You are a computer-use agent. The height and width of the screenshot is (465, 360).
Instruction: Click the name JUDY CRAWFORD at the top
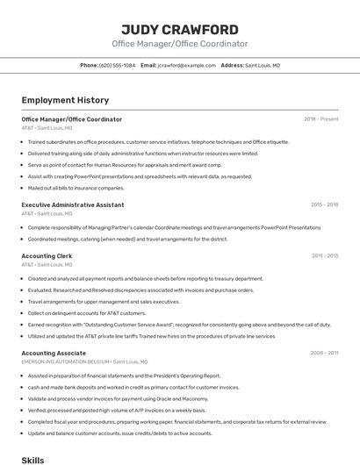pyautogui.click(x=179, y=29)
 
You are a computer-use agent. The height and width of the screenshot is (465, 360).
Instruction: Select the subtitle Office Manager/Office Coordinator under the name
pyautogui.click(x=179, y=44)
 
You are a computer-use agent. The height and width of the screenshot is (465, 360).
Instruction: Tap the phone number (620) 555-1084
pyautogui.click(x=117, y=66)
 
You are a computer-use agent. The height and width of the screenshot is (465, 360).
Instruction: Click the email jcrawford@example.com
pyautogui.click(x=186, y=66)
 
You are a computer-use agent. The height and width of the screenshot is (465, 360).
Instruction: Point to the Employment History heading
pyautogui.click(x=65, y=101)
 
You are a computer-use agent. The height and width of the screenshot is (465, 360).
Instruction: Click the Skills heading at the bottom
pyautogui.click(x=32, y=460)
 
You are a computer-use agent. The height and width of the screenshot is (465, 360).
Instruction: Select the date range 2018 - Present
pyautogui.click(x=320, y=119)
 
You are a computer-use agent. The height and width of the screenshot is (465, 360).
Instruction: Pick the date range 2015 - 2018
pyautogui.click(x=324, y=205)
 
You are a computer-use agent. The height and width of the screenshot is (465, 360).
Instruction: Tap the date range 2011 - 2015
pyautogui.click(x=324, y=256)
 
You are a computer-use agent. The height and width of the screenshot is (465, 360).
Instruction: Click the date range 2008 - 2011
pyautogui.click(x=324, y=353)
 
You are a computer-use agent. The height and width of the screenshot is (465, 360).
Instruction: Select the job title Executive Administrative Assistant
pyautogui.click(x=73, y=205)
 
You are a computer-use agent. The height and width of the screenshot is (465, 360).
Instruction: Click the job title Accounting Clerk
pyautogui.click(x=47, y=256)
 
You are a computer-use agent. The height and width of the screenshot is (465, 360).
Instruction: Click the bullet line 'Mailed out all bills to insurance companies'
pyautogui.click(x=76, y=188)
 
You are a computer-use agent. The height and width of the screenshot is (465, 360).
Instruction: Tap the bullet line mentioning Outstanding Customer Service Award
pyautogui.click(x=179, y=325)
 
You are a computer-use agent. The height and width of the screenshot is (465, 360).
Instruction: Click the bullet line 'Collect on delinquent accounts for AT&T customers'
pyautogui.click(x=87, y=313)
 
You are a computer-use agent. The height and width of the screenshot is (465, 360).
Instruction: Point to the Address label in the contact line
pyautogui.click(x=232, y=66)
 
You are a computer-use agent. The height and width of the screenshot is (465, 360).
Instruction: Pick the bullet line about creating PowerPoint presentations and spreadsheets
pyautogui.click(x=140, y=176)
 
